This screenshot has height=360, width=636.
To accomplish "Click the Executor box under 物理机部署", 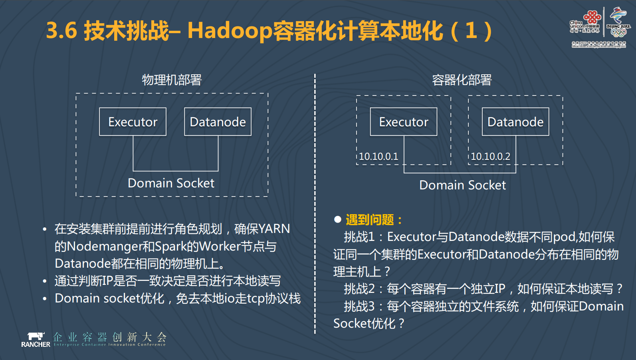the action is pyautogui.click(x=133, y=122).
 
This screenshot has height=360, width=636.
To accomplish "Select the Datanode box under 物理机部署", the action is pyautogui.click(x=218, y=122).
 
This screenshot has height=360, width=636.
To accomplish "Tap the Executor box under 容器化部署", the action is pyautogui.click(x=403, y=122).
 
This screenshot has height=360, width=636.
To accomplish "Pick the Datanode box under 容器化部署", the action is pyautogui.click(x=515, y=122).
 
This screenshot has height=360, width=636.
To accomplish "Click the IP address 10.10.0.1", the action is pyautogui.click(x=378, y=157).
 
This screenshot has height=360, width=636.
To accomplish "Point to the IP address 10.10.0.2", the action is pyautogui.click(x=490, y=157).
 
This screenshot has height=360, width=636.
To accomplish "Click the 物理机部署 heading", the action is pyautogui.click(x=172, y=80).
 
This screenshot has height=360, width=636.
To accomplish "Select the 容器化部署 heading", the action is pyautogui.click(x=462, y=80).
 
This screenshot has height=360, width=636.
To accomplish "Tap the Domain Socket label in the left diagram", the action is pyautogui.click(x=171, y=183).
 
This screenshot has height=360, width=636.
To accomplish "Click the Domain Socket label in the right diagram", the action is pyautogui.click(x=462, y=185).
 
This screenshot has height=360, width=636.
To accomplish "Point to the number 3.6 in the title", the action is pyautogui.click(x=61, y=30).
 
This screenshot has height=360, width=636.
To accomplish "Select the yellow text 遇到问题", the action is pyautogui.click(x=370, y=220).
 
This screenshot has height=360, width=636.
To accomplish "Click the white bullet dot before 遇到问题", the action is pyautogui.click(x=338, y=219).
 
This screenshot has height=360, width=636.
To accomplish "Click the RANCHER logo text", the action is pyautogui.click(x=36, y=344).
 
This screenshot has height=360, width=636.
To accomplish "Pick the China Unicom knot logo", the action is pyautogui.click(x=592, y=17).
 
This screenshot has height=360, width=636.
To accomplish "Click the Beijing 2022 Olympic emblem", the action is pyautogui.click(x=618, y=22).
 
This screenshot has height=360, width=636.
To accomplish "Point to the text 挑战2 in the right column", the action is pyautogui.click(x=359, y=289).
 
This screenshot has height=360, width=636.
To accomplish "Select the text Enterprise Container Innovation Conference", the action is pyautogui.click(x=109, y=344).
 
